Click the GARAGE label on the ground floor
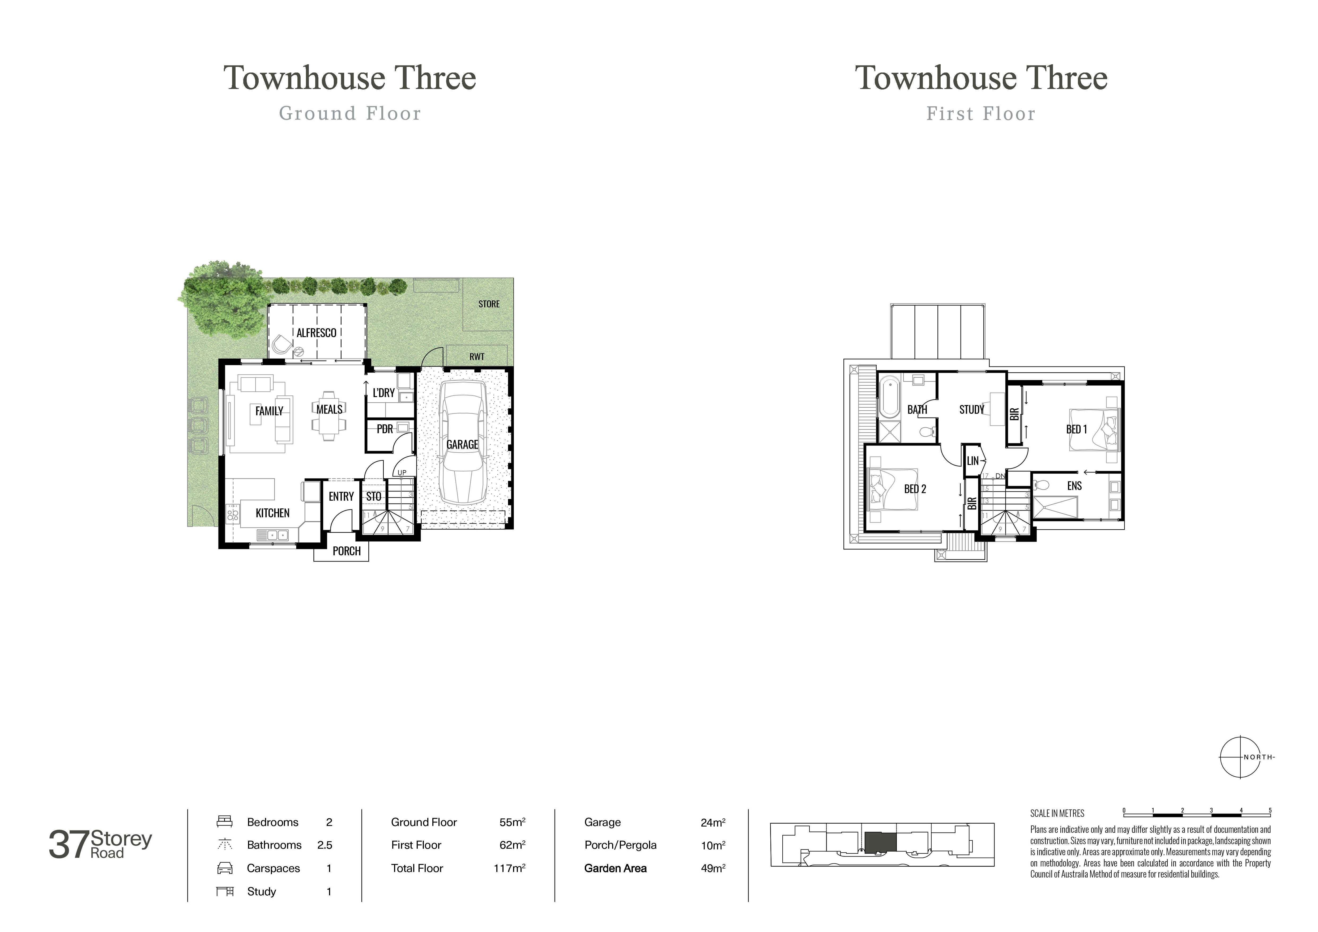(462, 444)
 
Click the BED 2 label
(915, 489)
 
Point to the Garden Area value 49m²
(713, 868)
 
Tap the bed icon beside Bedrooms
(224, 822)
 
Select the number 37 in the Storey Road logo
(69, 845)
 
